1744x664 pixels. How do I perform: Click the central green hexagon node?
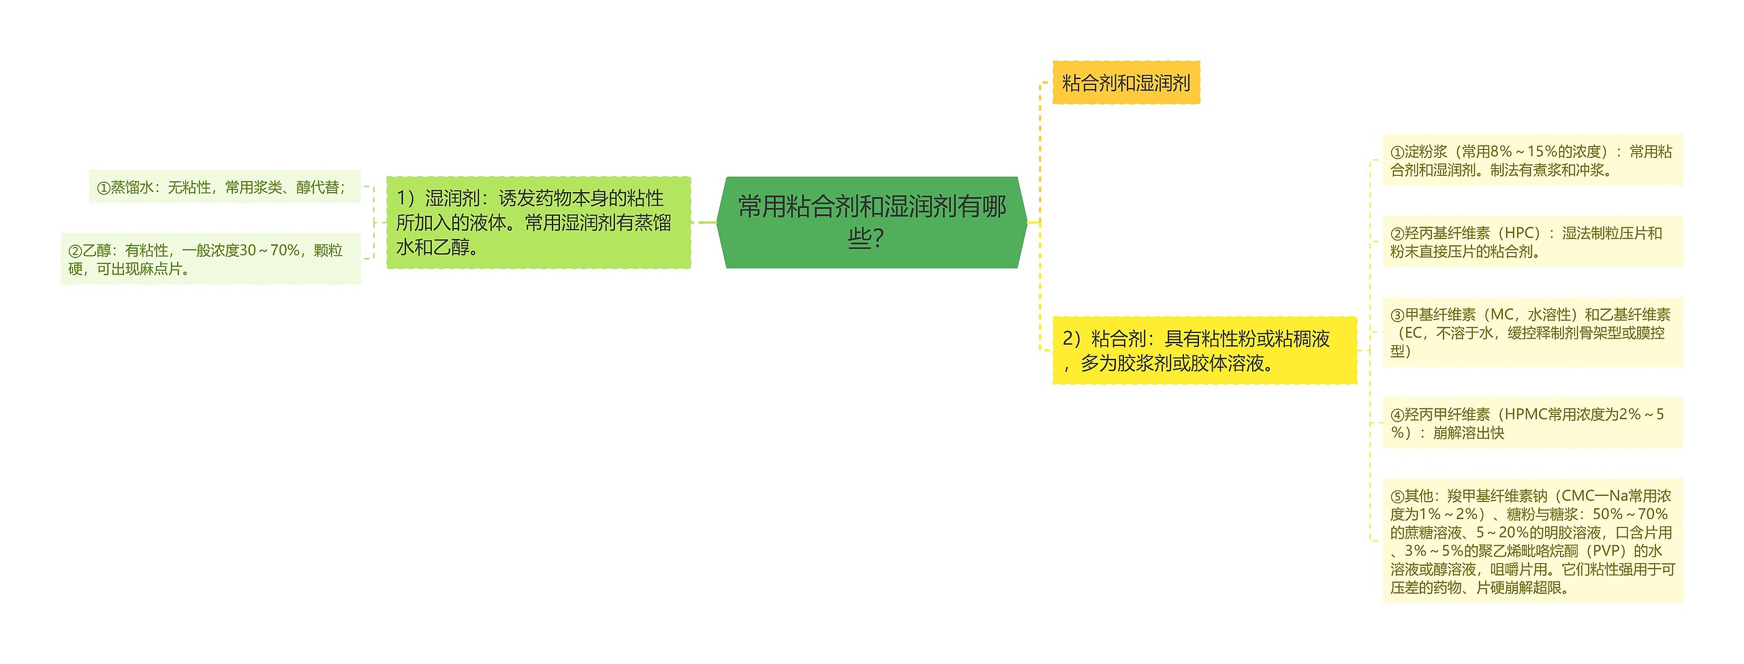pos(871,222)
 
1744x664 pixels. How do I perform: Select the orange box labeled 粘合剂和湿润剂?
pos(1125,83)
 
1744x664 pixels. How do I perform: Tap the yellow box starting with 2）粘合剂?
pos(1204,351)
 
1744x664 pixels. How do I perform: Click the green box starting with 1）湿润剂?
pos(538,223)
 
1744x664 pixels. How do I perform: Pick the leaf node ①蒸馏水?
pos(225,187)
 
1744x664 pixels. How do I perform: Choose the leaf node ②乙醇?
pos(211,259)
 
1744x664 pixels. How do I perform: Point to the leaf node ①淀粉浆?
pos(1532,161)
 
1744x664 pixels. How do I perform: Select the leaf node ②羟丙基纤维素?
pos(1532,242)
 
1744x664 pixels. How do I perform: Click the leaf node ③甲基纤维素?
pos(1532,332)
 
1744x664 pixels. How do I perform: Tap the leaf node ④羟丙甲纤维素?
pos(1532,423)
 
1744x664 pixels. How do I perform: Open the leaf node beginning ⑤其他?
pos(1532,541)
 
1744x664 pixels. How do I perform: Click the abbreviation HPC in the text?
pos(1521,234)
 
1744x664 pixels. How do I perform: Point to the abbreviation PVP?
pos(1605,551)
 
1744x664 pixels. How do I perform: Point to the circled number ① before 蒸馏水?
pos(104,188)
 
